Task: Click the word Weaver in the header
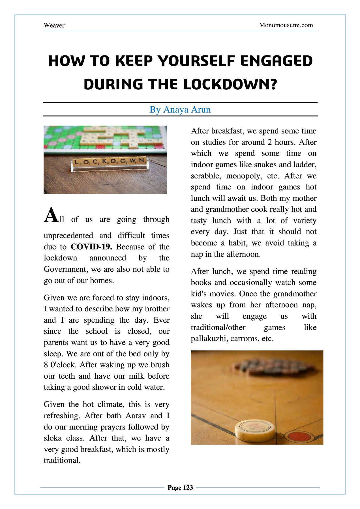click(x=54, y=25)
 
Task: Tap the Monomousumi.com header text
click(x=286, y=25)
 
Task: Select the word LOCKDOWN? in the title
click(x=230, y=84)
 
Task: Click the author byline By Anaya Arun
click(x=180, y=109)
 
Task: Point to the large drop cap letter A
click(x=51, y=215)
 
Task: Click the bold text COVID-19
click(x=91, y=247)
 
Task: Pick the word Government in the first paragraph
click(x=66, y=269)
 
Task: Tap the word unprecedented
click(x=68, y=236)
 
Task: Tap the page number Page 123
click(x=180, y=488)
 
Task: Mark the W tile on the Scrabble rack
click(x=132, y=161)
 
